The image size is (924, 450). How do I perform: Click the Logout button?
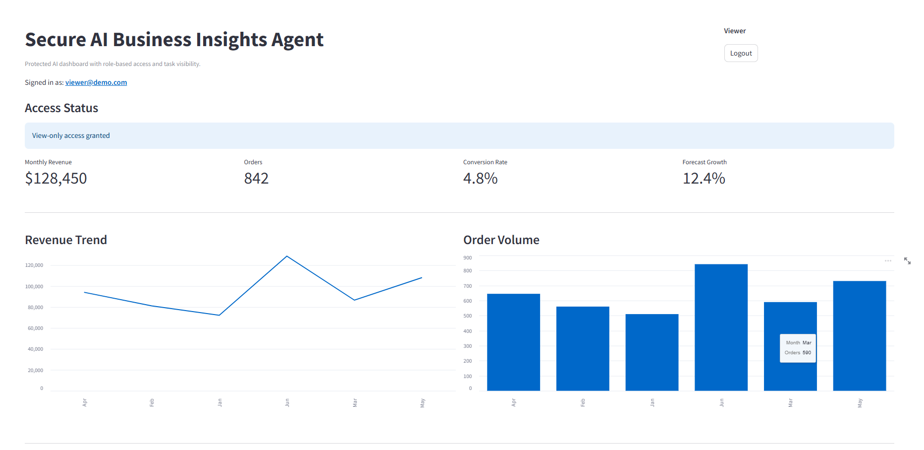pos(741,53)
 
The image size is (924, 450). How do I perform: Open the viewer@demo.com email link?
pos(96,82)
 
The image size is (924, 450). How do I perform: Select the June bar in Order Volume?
pos(721,327)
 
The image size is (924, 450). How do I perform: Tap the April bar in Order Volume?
pos(513,342)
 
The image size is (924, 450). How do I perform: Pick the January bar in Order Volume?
pos(652,352)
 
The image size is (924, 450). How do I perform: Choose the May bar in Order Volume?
pos(859,336)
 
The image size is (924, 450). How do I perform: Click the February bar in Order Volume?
pos(583,349)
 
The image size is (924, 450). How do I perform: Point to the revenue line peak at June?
pos(287,257)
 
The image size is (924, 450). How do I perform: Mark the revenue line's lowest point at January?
pos(219,315)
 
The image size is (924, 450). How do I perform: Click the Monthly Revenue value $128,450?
pos(56,178)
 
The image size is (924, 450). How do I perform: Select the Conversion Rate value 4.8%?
pos(480,178)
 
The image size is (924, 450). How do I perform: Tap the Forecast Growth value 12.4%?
pos(704,178)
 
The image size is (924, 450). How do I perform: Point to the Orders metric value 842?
pos(256,178)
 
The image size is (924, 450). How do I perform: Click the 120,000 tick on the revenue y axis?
pos(34,265)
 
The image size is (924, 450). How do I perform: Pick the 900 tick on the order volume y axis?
pos(468,258)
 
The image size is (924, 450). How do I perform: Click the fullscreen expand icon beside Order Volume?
pos(907,261)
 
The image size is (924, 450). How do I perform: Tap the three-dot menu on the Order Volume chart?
pos(888,261)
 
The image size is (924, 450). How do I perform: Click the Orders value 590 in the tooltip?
pos(807,353)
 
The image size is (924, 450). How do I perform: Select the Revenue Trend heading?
pos(66,240)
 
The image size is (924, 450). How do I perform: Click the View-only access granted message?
pos(71,135)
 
